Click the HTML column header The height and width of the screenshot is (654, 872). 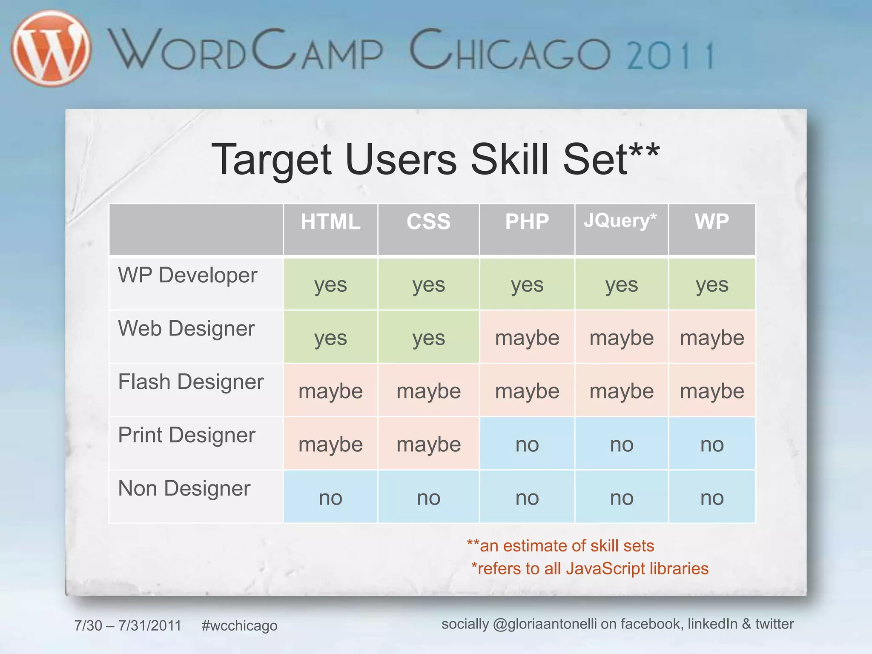pyautogui.click(x=330, y=222)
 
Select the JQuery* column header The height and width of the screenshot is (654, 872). pyautogui.click(x=620, y=221)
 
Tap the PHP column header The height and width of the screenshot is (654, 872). pyautogui.click(x=527, y=222)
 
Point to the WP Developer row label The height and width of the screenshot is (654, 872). pyautogui.click(x=187, y=275)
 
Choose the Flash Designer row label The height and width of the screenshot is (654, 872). pyautogui.click(x=191, y=382)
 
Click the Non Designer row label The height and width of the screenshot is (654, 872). pyautogui.click(x=184, y=488)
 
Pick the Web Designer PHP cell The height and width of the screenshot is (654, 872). pyautogui.click(x=527, y=338)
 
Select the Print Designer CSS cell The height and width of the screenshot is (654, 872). pyautogui.click(x=428, y=445)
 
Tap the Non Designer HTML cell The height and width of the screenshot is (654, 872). pyautogui.click(x=330, y=498)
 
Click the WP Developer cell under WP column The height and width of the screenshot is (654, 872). pyautogui.click(x=712, y=285)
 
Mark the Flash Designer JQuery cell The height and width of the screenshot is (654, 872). pyautogui.click(x=621, y=391)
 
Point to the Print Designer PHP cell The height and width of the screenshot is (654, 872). pyautogui.click(x=527, y=445)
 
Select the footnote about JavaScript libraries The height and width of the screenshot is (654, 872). pyautogui.click(x=590, y=569)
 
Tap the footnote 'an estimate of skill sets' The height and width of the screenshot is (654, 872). pyautogui.click(x=560, y=546)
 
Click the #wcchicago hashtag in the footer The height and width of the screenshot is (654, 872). pyautogui.click(x=239, y=625)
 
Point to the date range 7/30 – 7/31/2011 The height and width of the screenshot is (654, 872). pyautogui.click(x=128, y=625)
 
